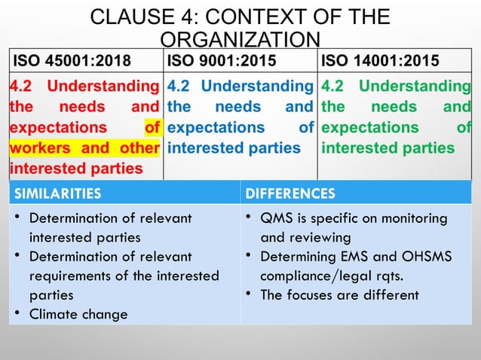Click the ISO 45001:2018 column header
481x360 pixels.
[x=69, y=61]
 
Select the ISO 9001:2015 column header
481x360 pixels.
[x=222, y=61]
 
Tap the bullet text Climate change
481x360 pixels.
[x=78, y=313]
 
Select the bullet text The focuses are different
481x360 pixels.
[x=339, y=294]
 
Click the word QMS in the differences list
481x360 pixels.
[x=275, y=218]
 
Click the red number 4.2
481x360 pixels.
[x=20, y=87]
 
